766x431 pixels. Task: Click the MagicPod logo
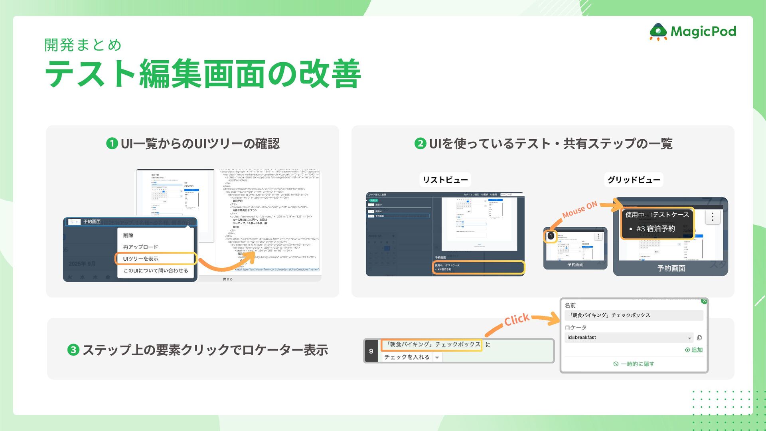tap(693, 32)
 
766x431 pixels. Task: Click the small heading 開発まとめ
tap(83, 45)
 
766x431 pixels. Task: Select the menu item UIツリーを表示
tap(141, 259)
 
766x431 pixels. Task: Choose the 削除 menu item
tap(128, 235)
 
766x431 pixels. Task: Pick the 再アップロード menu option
tap(140, 247)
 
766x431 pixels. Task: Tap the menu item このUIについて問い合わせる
tap(156, 271)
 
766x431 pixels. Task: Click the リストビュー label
tap(445, 180)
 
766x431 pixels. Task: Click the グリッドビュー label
tap(634, 180)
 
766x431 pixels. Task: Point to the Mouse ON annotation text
tap(580, 210)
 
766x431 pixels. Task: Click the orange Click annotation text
tap(517, 320)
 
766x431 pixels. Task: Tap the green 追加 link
tap(694, 350)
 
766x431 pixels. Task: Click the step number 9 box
tap(371, 351)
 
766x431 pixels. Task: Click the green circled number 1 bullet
tap(112, 144)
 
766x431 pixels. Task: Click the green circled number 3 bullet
tap(73, 350)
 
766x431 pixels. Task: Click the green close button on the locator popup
tap(704, 301)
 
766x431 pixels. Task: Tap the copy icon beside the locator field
tap(699, 338)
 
